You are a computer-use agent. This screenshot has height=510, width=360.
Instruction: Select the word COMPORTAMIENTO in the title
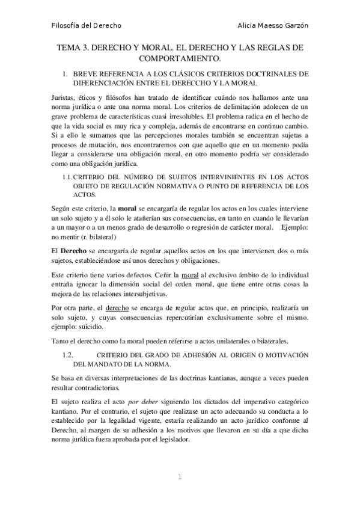pos(180,58)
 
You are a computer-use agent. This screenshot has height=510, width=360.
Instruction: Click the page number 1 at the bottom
pos(179,477)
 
